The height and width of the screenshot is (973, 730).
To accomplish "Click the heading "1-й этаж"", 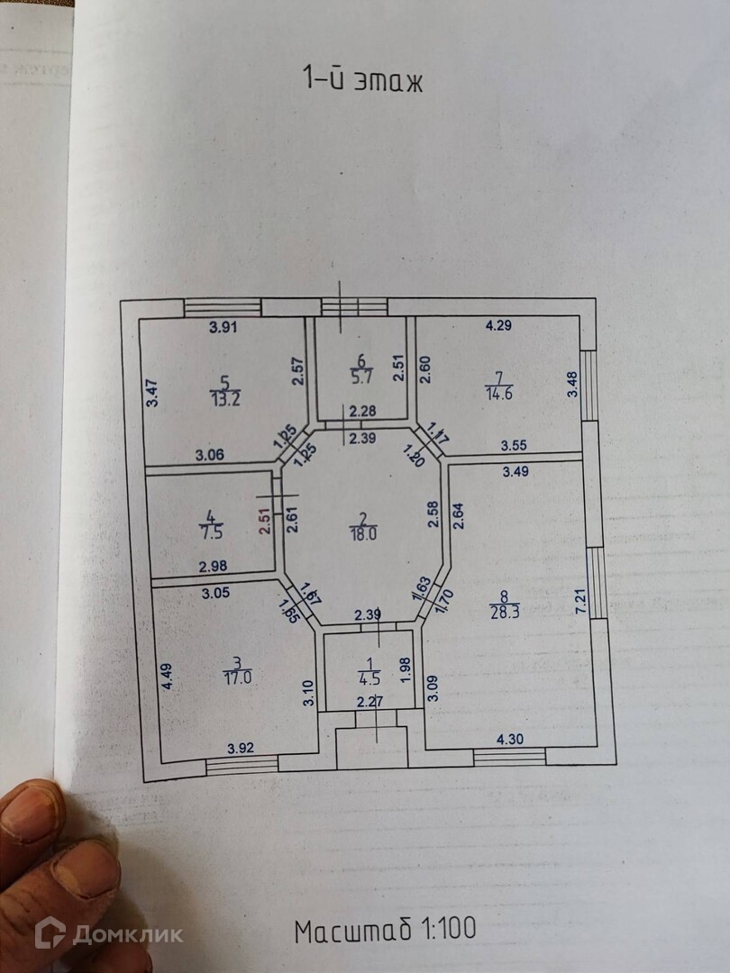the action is pos(361,80).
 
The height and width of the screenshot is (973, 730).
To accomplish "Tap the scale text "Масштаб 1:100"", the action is pos(385,928).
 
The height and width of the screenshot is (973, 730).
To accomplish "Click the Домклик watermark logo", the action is pos(108,934).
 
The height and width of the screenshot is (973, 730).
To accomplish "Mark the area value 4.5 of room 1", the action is pos(368,678).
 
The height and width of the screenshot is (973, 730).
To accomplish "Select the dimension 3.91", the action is pos(223,328).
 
